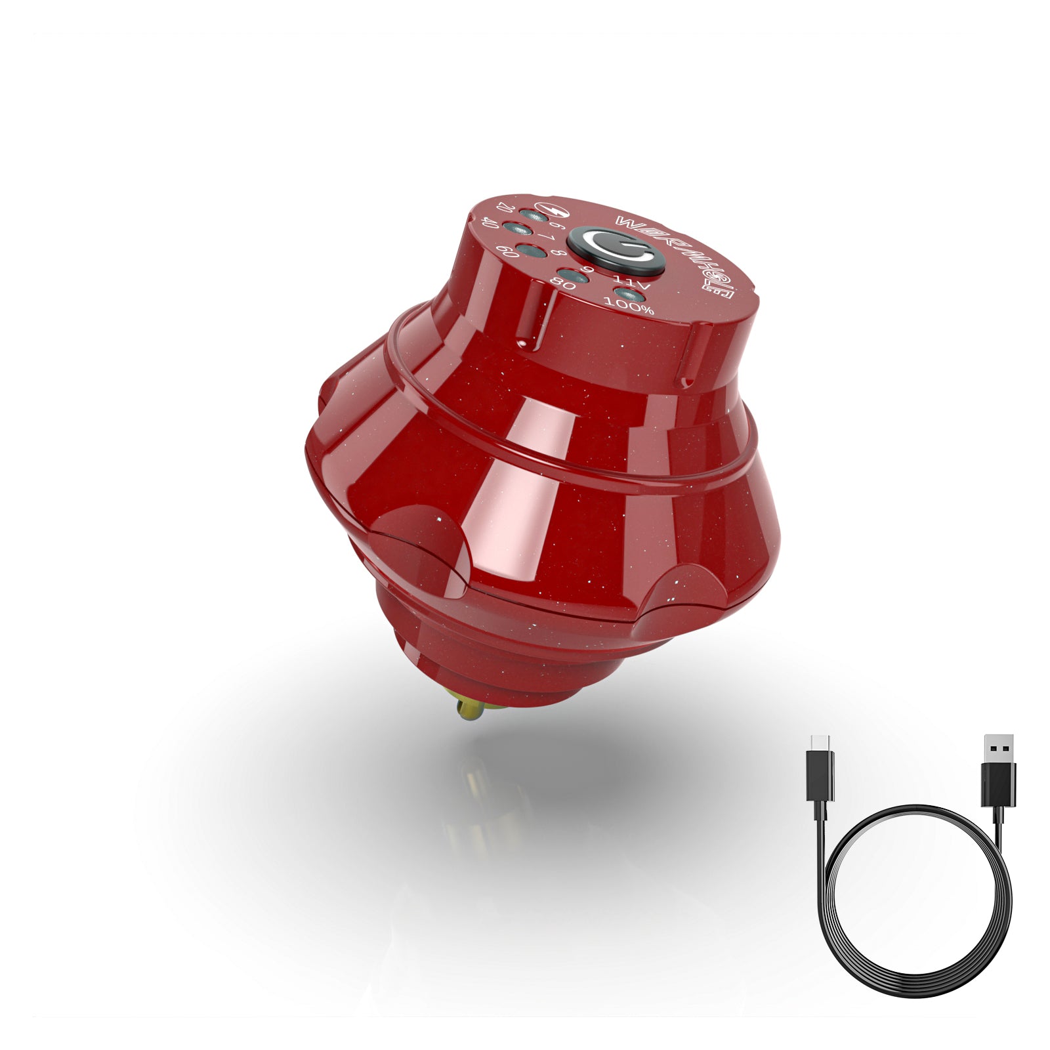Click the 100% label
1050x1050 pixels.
[629, 305]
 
